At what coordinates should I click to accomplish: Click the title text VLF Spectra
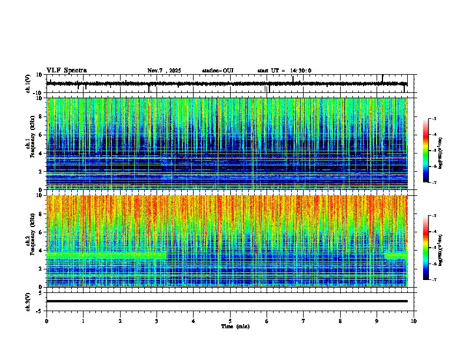[66, 71]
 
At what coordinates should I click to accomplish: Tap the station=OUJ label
[218, 71]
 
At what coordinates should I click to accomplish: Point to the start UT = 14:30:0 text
[284, 71]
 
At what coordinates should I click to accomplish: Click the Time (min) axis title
[235, 326]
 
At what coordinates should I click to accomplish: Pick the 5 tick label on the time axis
[230, 321]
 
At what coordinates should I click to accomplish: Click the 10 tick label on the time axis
[414, 321]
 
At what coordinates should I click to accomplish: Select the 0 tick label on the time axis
[46, 321]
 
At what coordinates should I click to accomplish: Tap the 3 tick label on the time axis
[157, 321]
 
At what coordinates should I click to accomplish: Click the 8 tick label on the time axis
[340, 321]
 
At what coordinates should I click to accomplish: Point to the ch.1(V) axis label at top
[28, 84]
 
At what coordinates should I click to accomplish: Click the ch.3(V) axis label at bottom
[28, 301]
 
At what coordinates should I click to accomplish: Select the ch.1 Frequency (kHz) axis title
[28, 144]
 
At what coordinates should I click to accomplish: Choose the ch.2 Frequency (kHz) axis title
[28, 241]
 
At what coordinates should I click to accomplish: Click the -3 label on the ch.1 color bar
[434, 119]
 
